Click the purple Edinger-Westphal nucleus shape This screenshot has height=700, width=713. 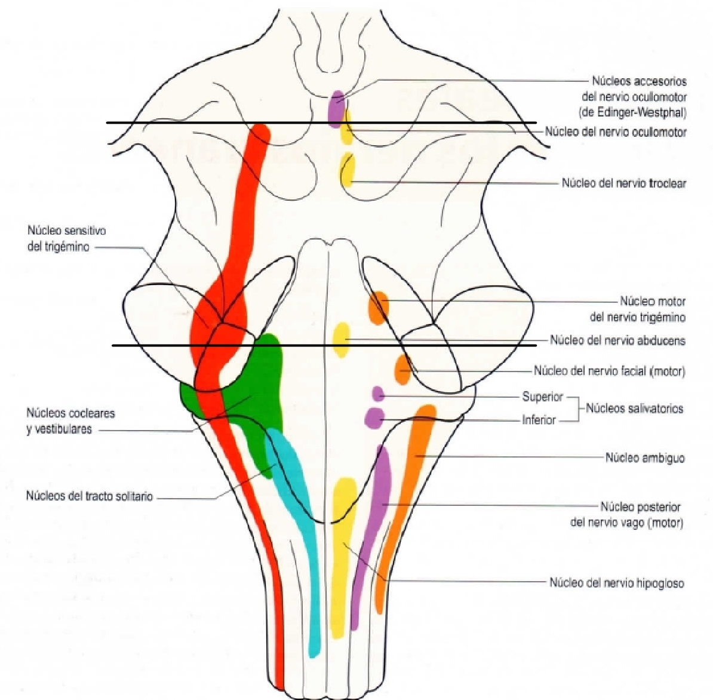(337, 108)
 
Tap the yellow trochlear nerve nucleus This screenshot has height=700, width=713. (348, 170)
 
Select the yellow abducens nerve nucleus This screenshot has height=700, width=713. (341, 339)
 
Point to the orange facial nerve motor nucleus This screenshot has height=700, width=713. (403, 369)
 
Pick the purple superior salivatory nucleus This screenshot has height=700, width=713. (377, 394)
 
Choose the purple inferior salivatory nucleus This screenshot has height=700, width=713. (374, 417)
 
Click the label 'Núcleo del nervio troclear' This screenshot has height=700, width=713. (623, 183)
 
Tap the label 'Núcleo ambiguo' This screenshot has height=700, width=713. (645, 458)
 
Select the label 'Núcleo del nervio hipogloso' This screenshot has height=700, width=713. (616, 583)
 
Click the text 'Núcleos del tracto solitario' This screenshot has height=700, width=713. (90, 496)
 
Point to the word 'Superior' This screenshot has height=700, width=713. (542, 397)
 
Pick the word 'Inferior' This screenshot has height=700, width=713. (539, 420)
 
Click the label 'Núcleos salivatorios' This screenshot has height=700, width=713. (634, 409)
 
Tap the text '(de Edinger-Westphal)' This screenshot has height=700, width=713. (633, 112)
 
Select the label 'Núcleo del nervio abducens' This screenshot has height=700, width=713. (617, 340)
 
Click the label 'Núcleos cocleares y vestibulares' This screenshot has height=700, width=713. (70, 421)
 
